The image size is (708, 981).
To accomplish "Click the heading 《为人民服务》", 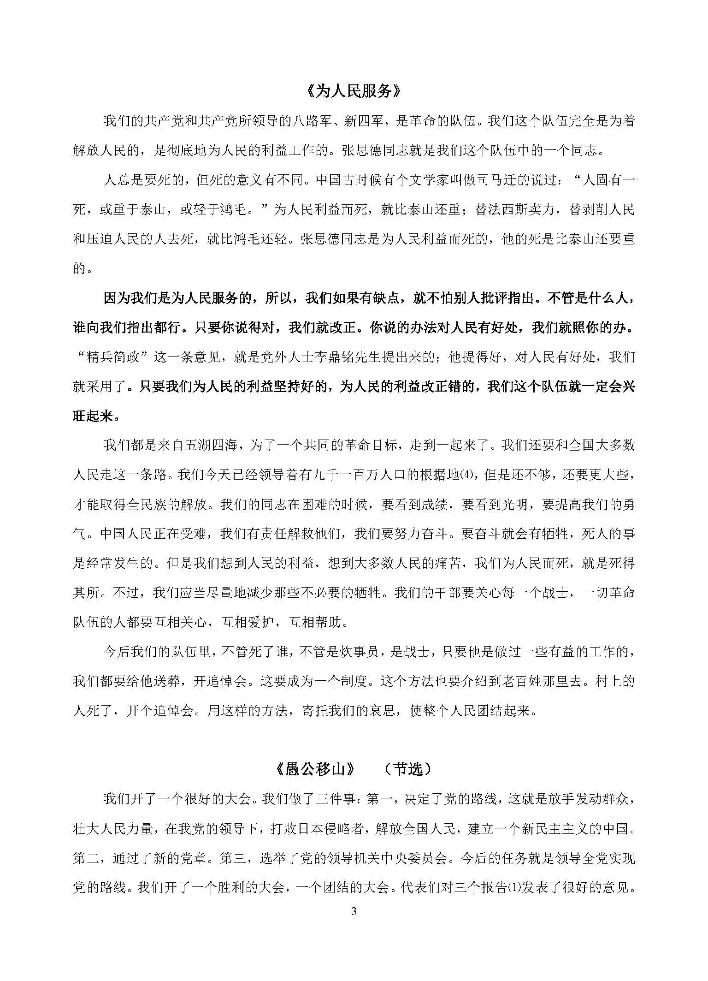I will (354, 91).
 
